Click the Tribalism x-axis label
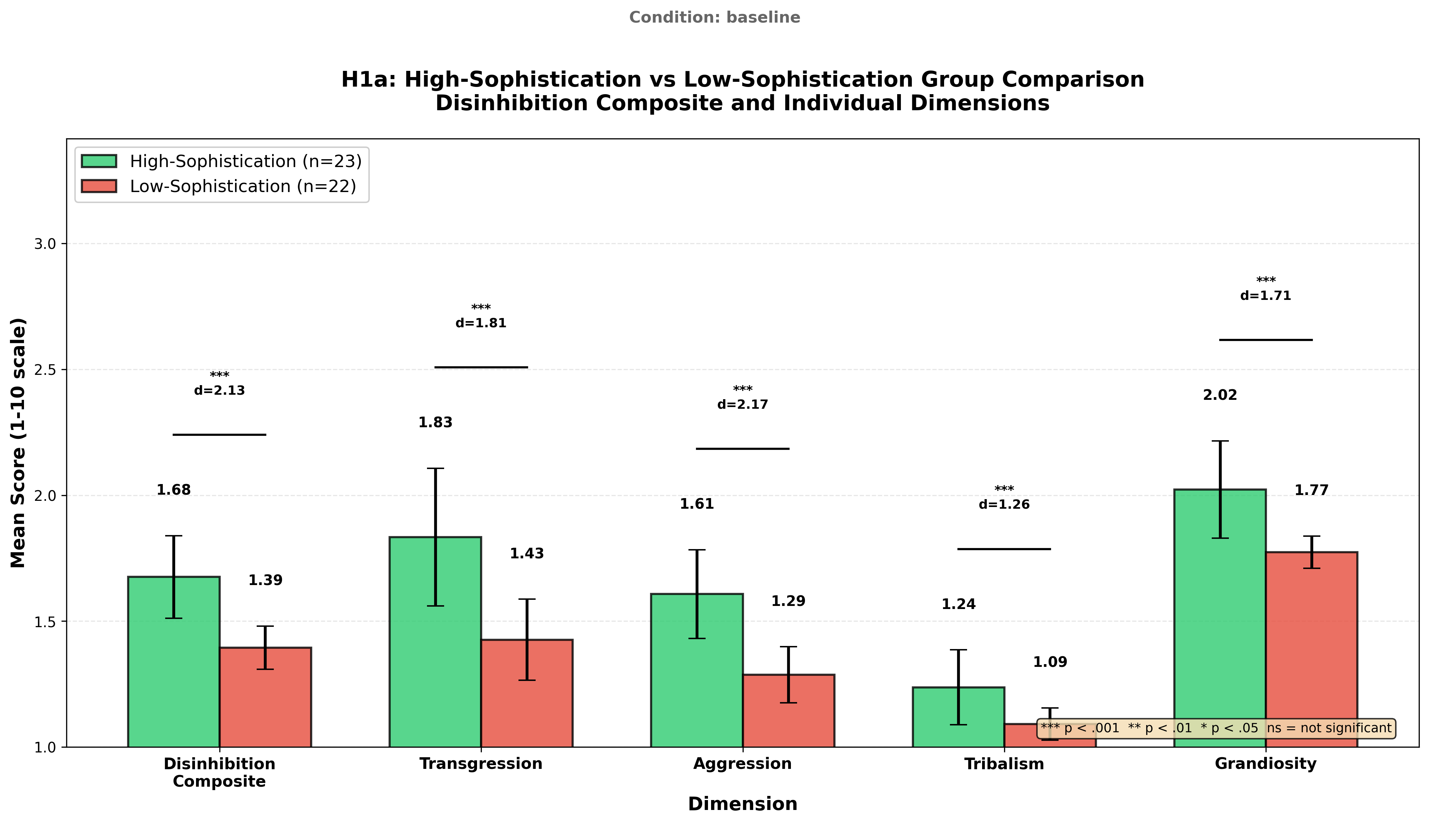coord(1004,764)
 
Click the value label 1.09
coord(1050,662)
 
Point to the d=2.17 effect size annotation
coord(743,405)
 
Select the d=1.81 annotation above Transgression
coord(481,323)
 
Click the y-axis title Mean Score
coord(18,443)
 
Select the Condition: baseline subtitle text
coord(715,17)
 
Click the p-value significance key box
coord(1216,728)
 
